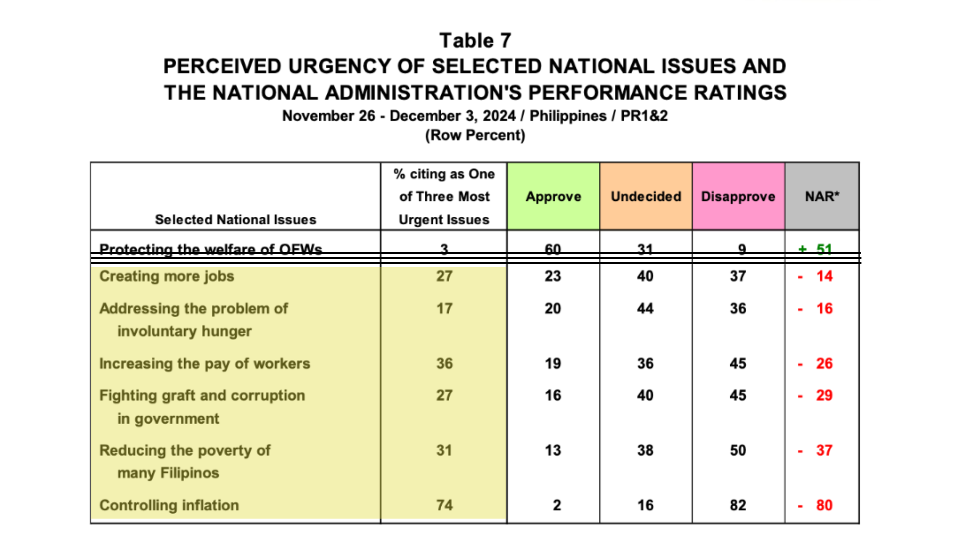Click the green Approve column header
click(553, 196)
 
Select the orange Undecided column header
click(646, 196)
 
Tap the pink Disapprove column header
click(738, 196)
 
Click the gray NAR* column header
click(822, 196)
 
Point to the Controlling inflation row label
click(169, 505)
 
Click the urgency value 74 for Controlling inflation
click(444, 505)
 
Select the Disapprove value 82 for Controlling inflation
click(738, 505)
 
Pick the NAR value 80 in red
click(824, 505)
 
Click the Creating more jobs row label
click(167, 276)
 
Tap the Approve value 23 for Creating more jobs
click(553, 276)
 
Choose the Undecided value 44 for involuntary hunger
click(645, 308)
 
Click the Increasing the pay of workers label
click(204, 363)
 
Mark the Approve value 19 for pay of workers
click(553, 363)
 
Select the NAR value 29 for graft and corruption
click(824, 395)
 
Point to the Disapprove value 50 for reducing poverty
click(738, 450)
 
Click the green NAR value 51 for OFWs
click(824, 249)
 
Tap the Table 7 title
click(475, 40)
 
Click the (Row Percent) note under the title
click(475, 135)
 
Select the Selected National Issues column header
click(235, 219)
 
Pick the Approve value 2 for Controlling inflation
click(557, 505)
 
